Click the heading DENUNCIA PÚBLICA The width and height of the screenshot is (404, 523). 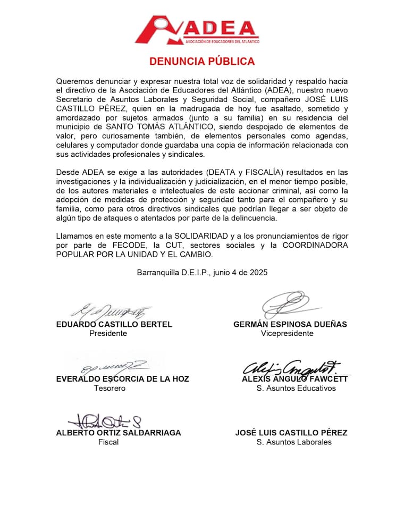pos(202,61)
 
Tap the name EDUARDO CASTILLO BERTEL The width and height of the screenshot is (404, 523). pos(114,324)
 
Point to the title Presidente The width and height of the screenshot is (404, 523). pos(108,333)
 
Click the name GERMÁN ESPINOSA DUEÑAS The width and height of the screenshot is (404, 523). pos(290,324)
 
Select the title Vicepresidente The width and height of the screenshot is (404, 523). pos(287,333)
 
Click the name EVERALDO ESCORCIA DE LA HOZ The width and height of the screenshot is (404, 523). pos(122,379)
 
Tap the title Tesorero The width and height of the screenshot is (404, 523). pos(110,388)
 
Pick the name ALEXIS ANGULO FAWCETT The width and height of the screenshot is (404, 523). pos(294,379)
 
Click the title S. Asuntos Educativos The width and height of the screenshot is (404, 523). pos(296,388)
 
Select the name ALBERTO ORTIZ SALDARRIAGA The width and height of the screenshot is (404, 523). pos(118,433)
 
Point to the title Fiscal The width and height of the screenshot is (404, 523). pos(108,442)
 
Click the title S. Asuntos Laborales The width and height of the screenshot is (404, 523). pos(294,442)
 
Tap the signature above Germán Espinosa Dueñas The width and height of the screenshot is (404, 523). pos(288,305)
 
